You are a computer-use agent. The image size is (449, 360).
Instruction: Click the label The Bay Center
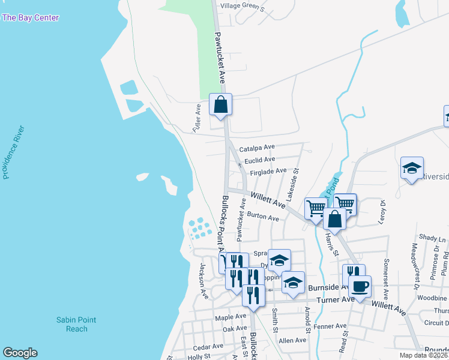(x=31, y=18)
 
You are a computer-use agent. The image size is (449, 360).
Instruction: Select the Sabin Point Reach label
(x=76, y=325)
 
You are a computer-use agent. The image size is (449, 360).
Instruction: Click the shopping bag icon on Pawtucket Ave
(x=221, y=105)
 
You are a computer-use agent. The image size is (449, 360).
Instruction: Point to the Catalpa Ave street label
(x=256, y=148)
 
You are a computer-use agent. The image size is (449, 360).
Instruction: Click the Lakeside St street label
(x=292, y=184)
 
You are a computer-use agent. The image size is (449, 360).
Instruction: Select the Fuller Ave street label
(x=197, y=118)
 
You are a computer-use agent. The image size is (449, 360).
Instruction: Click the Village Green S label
(x=243, y=6)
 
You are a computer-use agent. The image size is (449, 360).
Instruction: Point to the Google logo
(x=20, y=353)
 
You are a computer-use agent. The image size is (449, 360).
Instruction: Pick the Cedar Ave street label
(x=208, y=347)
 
